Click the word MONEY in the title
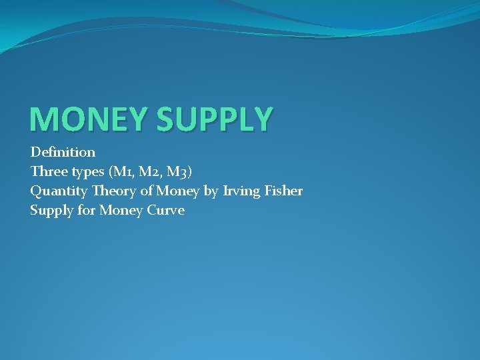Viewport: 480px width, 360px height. coord(89,119)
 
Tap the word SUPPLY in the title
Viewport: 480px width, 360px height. coord(214,119)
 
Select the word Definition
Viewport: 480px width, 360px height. coord(63,152)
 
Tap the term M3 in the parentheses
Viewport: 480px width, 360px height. coord(177,172)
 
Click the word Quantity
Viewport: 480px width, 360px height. coord(59,191)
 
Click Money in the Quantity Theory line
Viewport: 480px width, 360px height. coord(177,191)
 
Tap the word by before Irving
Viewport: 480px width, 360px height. coord(211,191)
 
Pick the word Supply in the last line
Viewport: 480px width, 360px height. coord(51,211)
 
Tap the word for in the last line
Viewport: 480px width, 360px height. coord(87,211)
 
